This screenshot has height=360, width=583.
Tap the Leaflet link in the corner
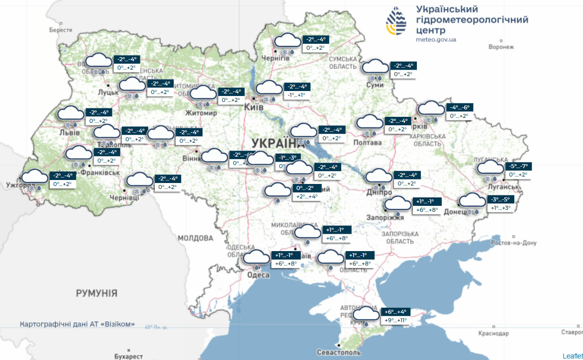572,356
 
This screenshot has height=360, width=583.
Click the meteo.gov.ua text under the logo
436,39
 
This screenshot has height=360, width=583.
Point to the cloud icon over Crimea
366,313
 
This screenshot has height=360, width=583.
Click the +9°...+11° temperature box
396,320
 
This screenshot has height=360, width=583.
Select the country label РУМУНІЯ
97,293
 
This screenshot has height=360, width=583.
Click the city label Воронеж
501,47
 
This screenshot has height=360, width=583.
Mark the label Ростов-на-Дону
513,243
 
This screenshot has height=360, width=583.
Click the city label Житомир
201,113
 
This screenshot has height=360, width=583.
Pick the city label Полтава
367,143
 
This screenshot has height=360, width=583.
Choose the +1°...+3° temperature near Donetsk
501,208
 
